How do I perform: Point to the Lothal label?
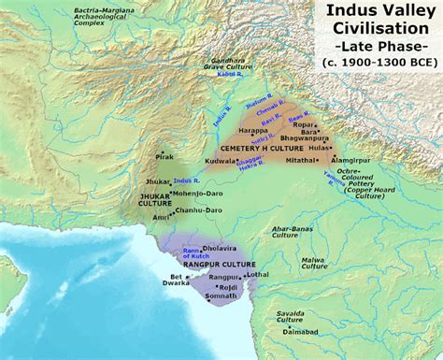[x=258, y=275]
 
